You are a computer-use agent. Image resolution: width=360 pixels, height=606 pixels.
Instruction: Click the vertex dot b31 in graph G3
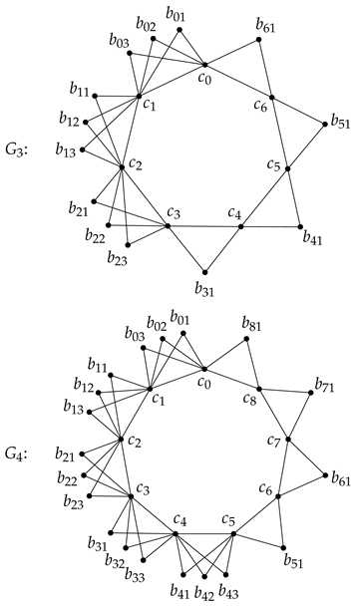pyautogui.click(x=205, y=271)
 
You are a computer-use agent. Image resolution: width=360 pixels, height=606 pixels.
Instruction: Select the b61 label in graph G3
pyautogui.click(x=265, y=24)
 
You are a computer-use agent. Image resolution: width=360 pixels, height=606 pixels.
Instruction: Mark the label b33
pyautogui.click(x=136, y=578)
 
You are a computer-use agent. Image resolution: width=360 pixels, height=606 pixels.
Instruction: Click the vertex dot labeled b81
pyautogui.click(x=248, y=339)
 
